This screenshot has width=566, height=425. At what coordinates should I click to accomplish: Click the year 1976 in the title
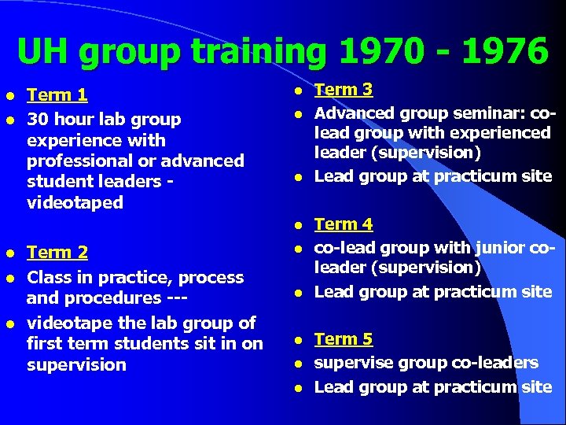click(504, 52)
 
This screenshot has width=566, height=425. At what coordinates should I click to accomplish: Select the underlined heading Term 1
click(57, 96)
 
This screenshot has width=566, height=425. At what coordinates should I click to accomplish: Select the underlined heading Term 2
click(57, 253)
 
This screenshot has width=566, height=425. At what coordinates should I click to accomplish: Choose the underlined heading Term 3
click(344, 90)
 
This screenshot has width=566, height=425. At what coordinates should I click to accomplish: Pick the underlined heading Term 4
click(344, 224)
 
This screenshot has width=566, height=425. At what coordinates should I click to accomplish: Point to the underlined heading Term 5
click(344, 339)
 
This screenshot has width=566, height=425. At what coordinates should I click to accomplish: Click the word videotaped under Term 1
click(75, 202)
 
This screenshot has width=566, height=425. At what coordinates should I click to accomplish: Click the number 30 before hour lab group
click(37, 120)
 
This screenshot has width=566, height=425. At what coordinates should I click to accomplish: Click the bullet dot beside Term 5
click(300, 341)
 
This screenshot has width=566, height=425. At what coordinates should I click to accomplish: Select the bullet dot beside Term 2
click(11, 253)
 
